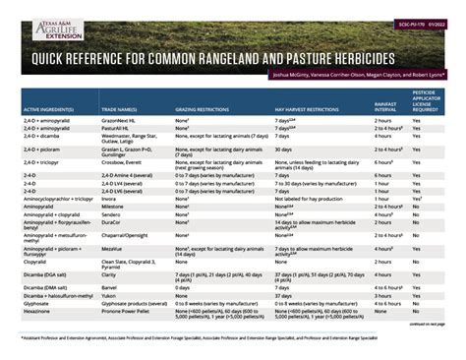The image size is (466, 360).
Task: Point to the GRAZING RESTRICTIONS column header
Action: click(x=207, y=109)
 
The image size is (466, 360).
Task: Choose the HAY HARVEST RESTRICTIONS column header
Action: click(x=306, y=109)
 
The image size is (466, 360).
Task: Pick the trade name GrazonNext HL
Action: click(x=121, y=120)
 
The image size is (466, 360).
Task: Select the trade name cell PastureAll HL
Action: click(x=119, y=128)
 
